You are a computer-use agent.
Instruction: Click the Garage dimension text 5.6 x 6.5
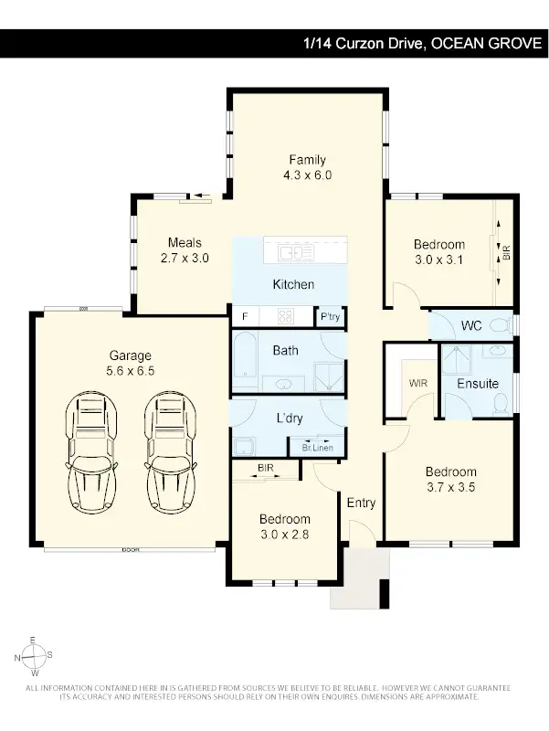point(131,372)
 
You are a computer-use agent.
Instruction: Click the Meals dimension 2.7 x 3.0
point(184,259)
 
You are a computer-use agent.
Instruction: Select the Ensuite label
point(478,384)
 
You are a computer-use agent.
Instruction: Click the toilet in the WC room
point(501,325)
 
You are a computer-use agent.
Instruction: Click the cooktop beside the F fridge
point(285,317)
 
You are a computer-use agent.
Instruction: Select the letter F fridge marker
point(244,317)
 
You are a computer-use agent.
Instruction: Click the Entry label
point(361,503)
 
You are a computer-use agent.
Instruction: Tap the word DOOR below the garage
point(130,550)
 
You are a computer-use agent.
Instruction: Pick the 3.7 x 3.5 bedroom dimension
point(450,487)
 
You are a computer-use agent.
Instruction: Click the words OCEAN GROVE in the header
point(486,43)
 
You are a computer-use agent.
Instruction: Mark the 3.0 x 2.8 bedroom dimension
point(285,535)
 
